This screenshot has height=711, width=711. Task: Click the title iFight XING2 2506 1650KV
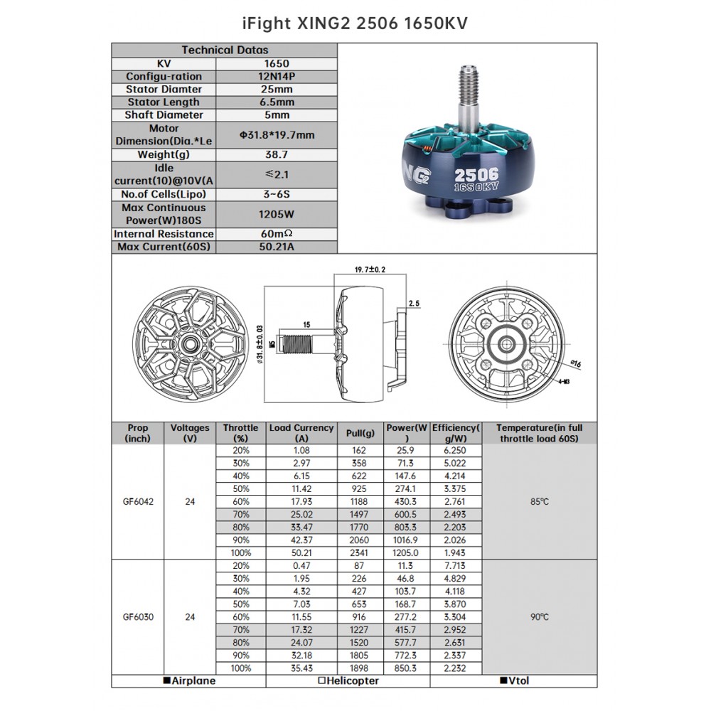[355, 23]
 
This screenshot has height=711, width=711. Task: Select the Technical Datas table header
[225, 50]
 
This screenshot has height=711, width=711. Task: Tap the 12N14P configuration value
[276, 76]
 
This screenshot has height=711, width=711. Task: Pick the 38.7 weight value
[276, 154]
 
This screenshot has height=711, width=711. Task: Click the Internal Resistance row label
[164, 234]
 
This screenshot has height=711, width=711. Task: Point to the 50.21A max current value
[276, 247]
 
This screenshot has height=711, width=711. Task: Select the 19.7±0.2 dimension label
[370, 270]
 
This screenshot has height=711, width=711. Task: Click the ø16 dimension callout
[576, 364]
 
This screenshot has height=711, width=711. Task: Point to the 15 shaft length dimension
[306, 325]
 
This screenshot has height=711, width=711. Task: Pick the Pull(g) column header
[360, 433]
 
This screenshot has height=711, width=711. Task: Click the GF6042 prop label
[138, 501]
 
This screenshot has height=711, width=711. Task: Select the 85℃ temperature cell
[539, 501]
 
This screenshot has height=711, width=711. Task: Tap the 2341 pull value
[360, 552]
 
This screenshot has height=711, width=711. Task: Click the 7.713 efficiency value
[455, 566]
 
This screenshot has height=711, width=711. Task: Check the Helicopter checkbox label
[348, 681]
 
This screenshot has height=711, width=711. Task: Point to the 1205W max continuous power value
[276, 214]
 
